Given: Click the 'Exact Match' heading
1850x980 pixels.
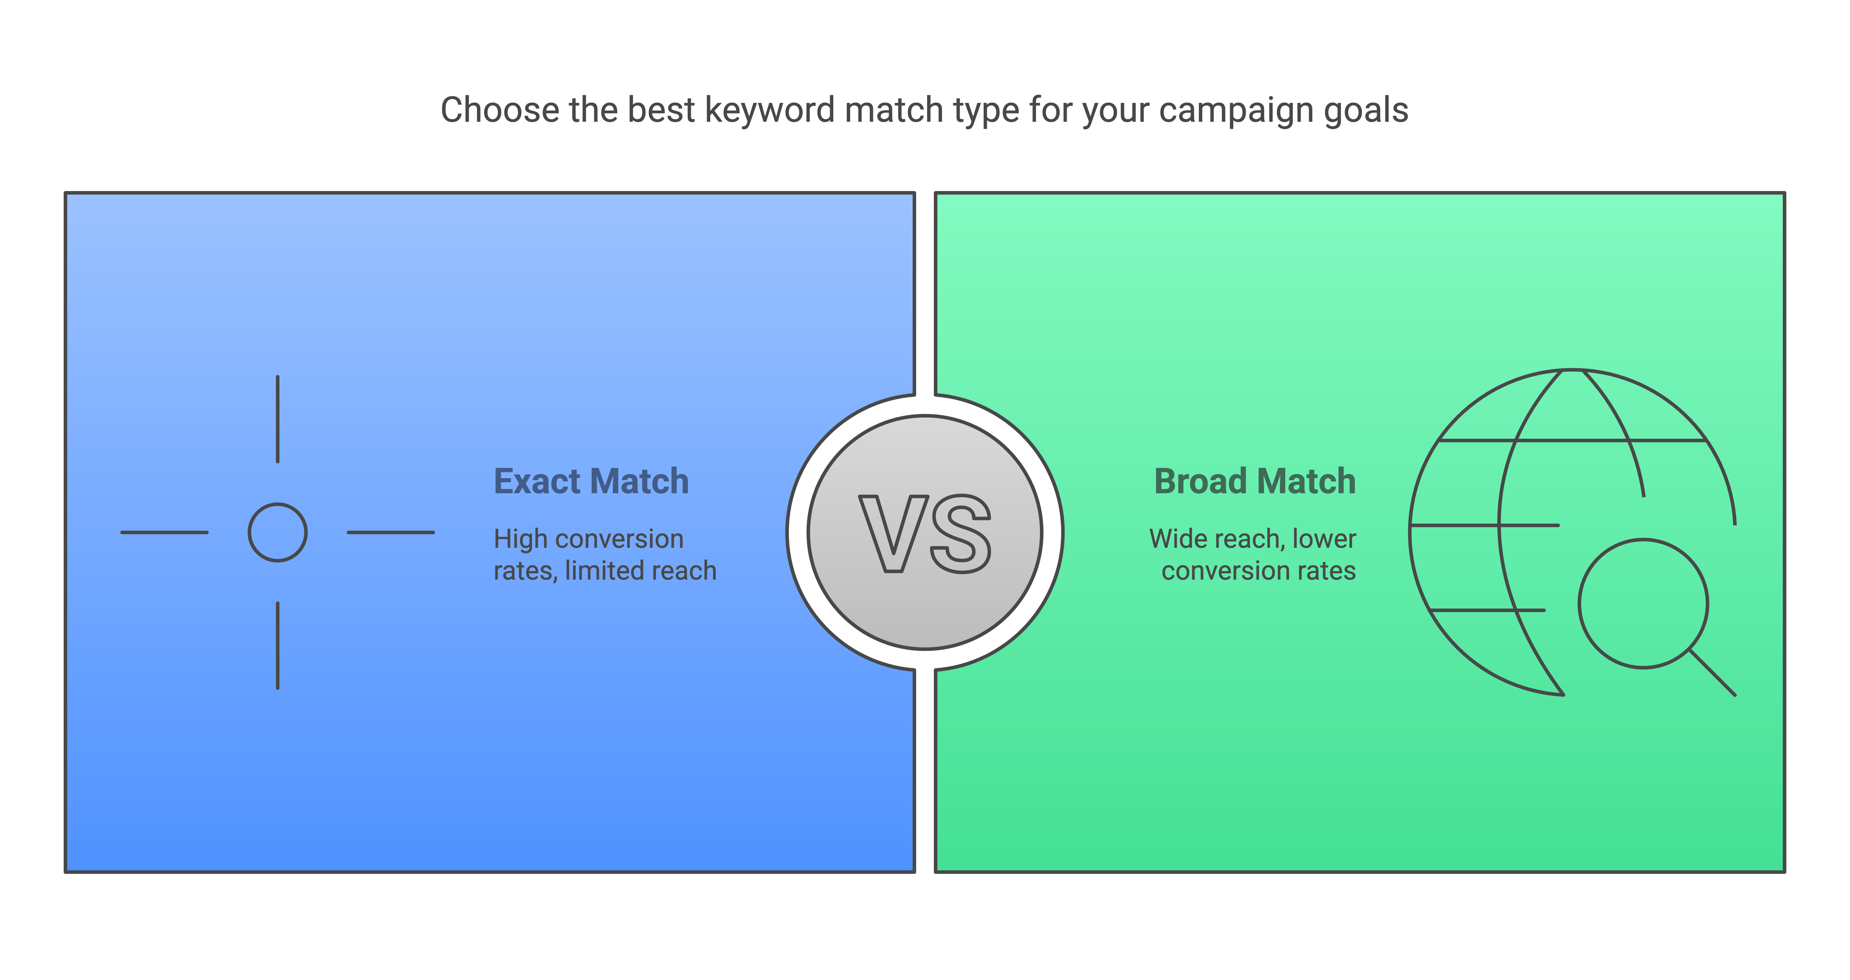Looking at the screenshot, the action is (591, 481).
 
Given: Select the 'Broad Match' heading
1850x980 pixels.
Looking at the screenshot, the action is (1255, 481).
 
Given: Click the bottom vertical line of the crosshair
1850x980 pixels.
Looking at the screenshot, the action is (278, 645).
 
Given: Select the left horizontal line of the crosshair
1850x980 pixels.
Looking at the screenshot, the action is (164, 532).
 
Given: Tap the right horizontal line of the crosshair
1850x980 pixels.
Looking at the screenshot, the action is (391, 532).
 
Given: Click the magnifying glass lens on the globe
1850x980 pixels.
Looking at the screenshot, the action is (1643, 540).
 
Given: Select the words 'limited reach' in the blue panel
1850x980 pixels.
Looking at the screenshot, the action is (641, 570).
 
